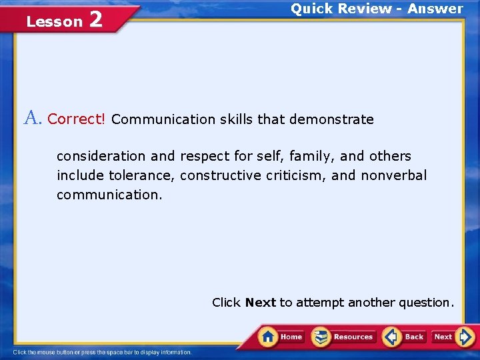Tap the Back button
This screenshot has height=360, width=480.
click(405, 337)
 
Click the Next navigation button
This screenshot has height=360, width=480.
click(453, 337)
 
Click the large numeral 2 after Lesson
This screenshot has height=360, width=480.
click(95, 19)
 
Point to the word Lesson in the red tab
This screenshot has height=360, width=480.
click(54, 21)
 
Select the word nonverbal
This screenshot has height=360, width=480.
click(393, 176)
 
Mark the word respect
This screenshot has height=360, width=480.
click(203, 156)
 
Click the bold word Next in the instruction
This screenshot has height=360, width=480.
click(260, 303)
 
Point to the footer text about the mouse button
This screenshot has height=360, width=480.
click(102, 352)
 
